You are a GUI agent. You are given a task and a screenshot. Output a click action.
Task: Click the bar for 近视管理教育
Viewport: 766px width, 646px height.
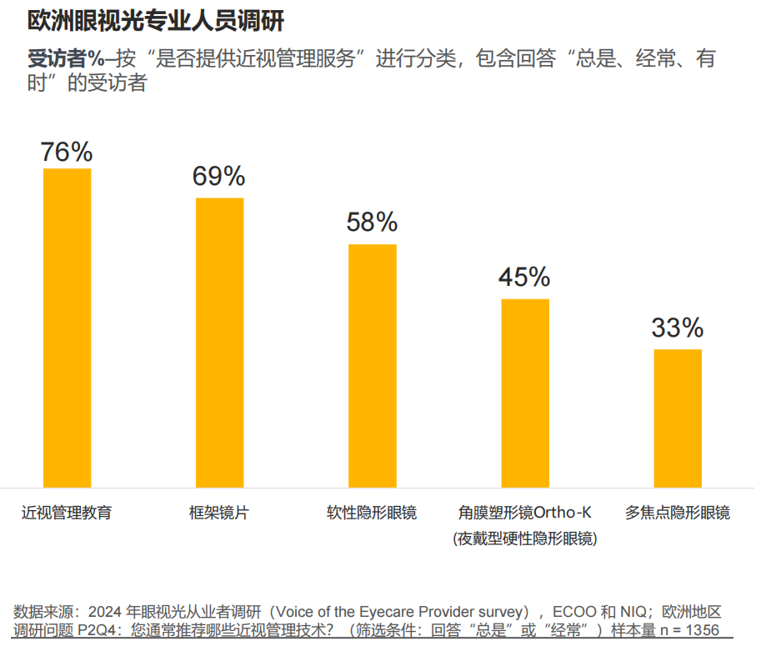tap(67, 328)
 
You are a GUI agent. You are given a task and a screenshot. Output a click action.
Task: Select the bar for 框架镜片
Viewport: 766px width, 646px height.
tap(220, 343)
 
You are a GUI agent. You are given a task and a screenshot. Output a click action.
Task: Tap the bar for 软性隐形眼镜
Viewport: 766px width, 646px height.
tap(373, 366)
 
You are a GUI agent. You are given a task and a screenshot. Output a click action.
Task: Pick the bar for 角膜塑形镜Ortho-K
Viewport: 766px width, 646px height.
tap(525, 393)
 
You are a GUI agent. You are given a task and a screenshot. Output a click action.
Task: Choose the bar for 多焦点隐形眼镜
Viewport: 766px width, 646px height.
tap(678, 418)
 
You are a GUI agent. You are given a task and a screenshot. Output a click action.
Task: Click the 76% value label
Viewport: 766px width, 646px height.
tap(67, 152)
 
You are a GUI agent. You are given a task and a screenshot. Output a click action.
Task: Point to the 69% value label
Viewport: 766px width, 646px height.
tap(219, 177)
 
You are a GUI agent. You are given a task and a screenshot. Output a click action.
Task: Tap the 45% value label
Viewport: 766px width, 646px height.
tap(524, 277)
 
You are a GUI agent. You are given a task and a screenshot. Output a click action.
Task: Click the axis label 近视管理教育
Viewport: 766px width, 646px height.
tap(67, 513)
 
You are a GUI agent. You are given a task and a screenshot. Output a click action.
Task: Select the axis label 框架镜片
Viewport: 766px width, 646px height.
tap(219, 513)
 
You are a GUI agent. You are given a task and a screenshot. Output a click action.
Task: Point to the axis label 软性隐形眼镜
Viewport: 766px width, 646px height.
tap(372, 513)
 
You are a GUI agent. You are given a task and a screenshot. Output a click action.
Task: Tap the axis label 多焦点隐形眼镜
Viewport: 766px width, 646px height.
tap(678, 513)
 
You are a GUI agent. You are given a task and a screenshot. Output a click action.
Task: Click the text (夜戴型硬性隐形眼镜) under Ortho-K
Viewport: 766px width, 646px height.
tap(525, 538)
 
